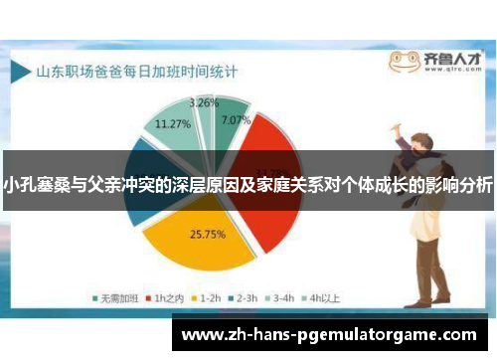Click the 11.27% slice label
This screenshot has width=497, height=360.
coord(174,124)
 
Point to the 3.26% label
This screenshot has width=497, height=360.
coord(204,102)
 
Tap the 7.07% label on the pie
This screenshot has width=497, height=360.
coord(236,119)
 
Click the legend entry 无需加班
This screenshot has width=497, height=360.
coord(118,295)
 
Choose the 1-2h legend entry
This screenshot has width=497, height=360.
coord(208,295)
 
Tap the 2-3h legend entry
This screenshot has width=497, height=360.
coord(244,295)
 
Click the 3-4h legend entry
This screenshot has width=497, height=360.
coord(280,295)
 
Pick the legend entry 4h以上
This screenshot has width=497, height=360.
coord(320,295)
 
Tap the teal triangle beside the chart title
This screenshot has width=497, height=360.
coord(21,71)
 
